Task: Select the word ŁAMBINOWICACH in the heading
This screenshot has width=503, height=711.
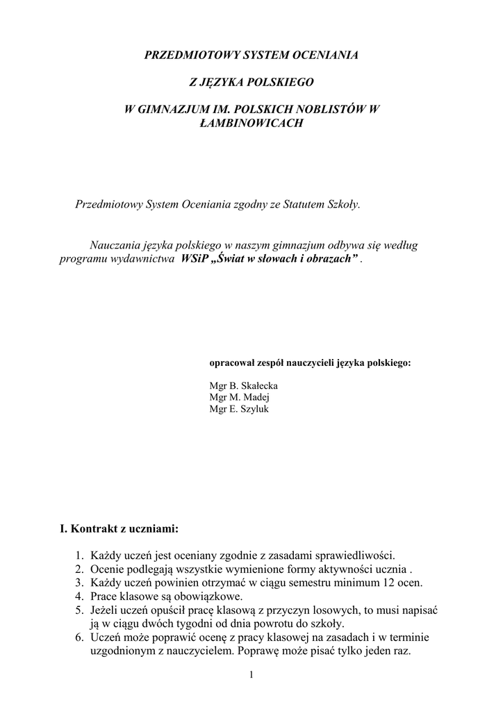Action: tap(251, 123)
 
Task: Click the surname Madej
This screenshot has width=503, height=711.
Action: tap(256, 397)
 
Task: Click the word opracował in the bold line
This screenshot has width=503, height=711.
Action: tap(230, 363)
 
